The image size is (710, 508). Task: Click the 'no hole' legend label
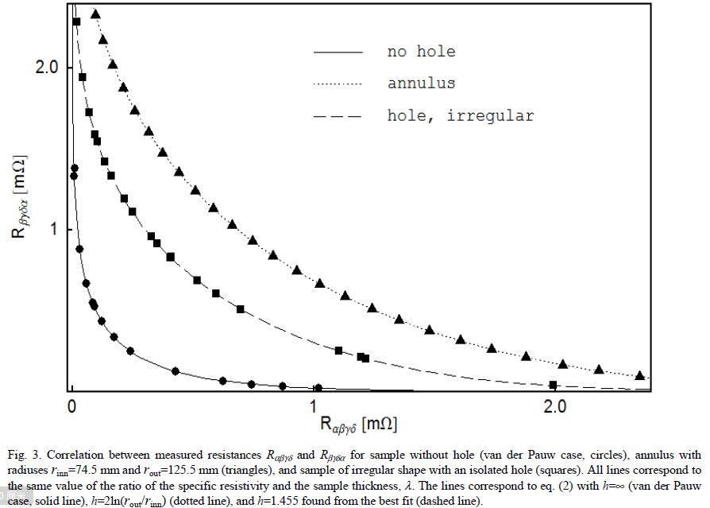click(421, 52)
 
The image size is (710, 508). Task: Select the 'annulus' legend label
click(421, 83)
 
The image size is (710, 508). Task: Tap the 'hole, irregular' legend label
click(461, 116)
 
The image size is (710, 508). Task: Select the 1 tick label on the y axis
click(56, 229)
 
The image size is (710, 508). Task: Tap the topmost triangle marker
click(95, 14)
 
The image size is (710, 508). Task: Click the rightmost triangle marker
click(640, 375)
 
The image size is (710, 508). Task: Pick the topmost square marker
click(77, 21)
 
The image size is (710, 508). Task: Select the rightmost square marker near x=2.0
click(554, 385)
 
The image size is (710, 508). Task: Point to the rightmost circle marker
click(318, 388)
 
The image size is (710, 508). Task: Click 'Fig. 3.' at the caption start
click(22, 456)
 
